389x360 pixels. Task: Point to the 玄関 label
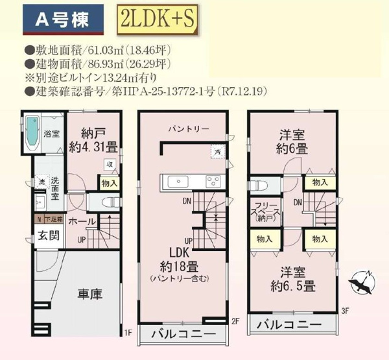tap(44, 235)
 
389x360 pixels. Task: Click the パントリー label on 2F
tap(188, 128)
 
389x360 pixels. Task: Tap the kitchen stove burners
tap(213, 180)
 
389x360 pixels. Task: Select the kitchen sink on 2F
tap(174, 181)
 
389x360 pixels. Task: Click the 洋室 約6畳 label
tap(294, 143)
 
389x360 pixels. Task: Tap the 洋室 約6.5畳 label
tap(294, 279)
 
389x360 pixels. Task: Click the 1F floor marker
tap(127, 333)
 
